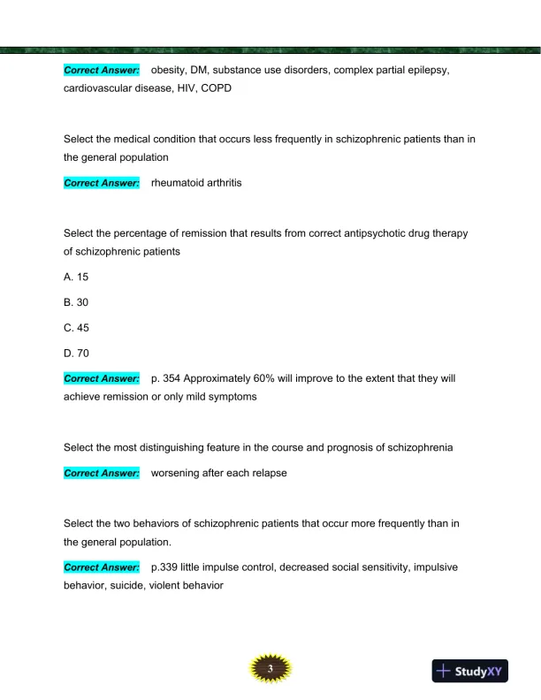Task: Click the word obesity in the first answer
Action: click(170, 70)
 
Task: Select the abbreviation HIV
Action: click(182, 89)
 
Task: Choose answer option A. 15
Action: click(76, 277)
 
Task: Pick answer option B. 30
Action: click(76, 302)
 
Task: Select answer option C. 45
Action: click(76, 328)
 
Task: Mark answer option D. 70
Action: click(76, 353)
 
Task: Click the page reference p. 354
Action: click(169, 378)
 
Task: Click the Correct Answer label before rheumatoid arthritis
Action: click(102, 183)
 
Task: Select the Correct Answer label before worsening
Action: click(102, 473)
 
